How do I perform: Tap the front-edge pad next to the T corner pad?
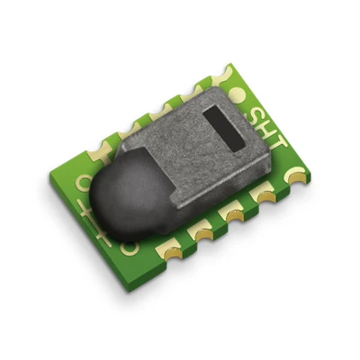point(264,193)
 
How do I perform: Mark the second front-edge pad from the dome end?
point(198,232)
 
